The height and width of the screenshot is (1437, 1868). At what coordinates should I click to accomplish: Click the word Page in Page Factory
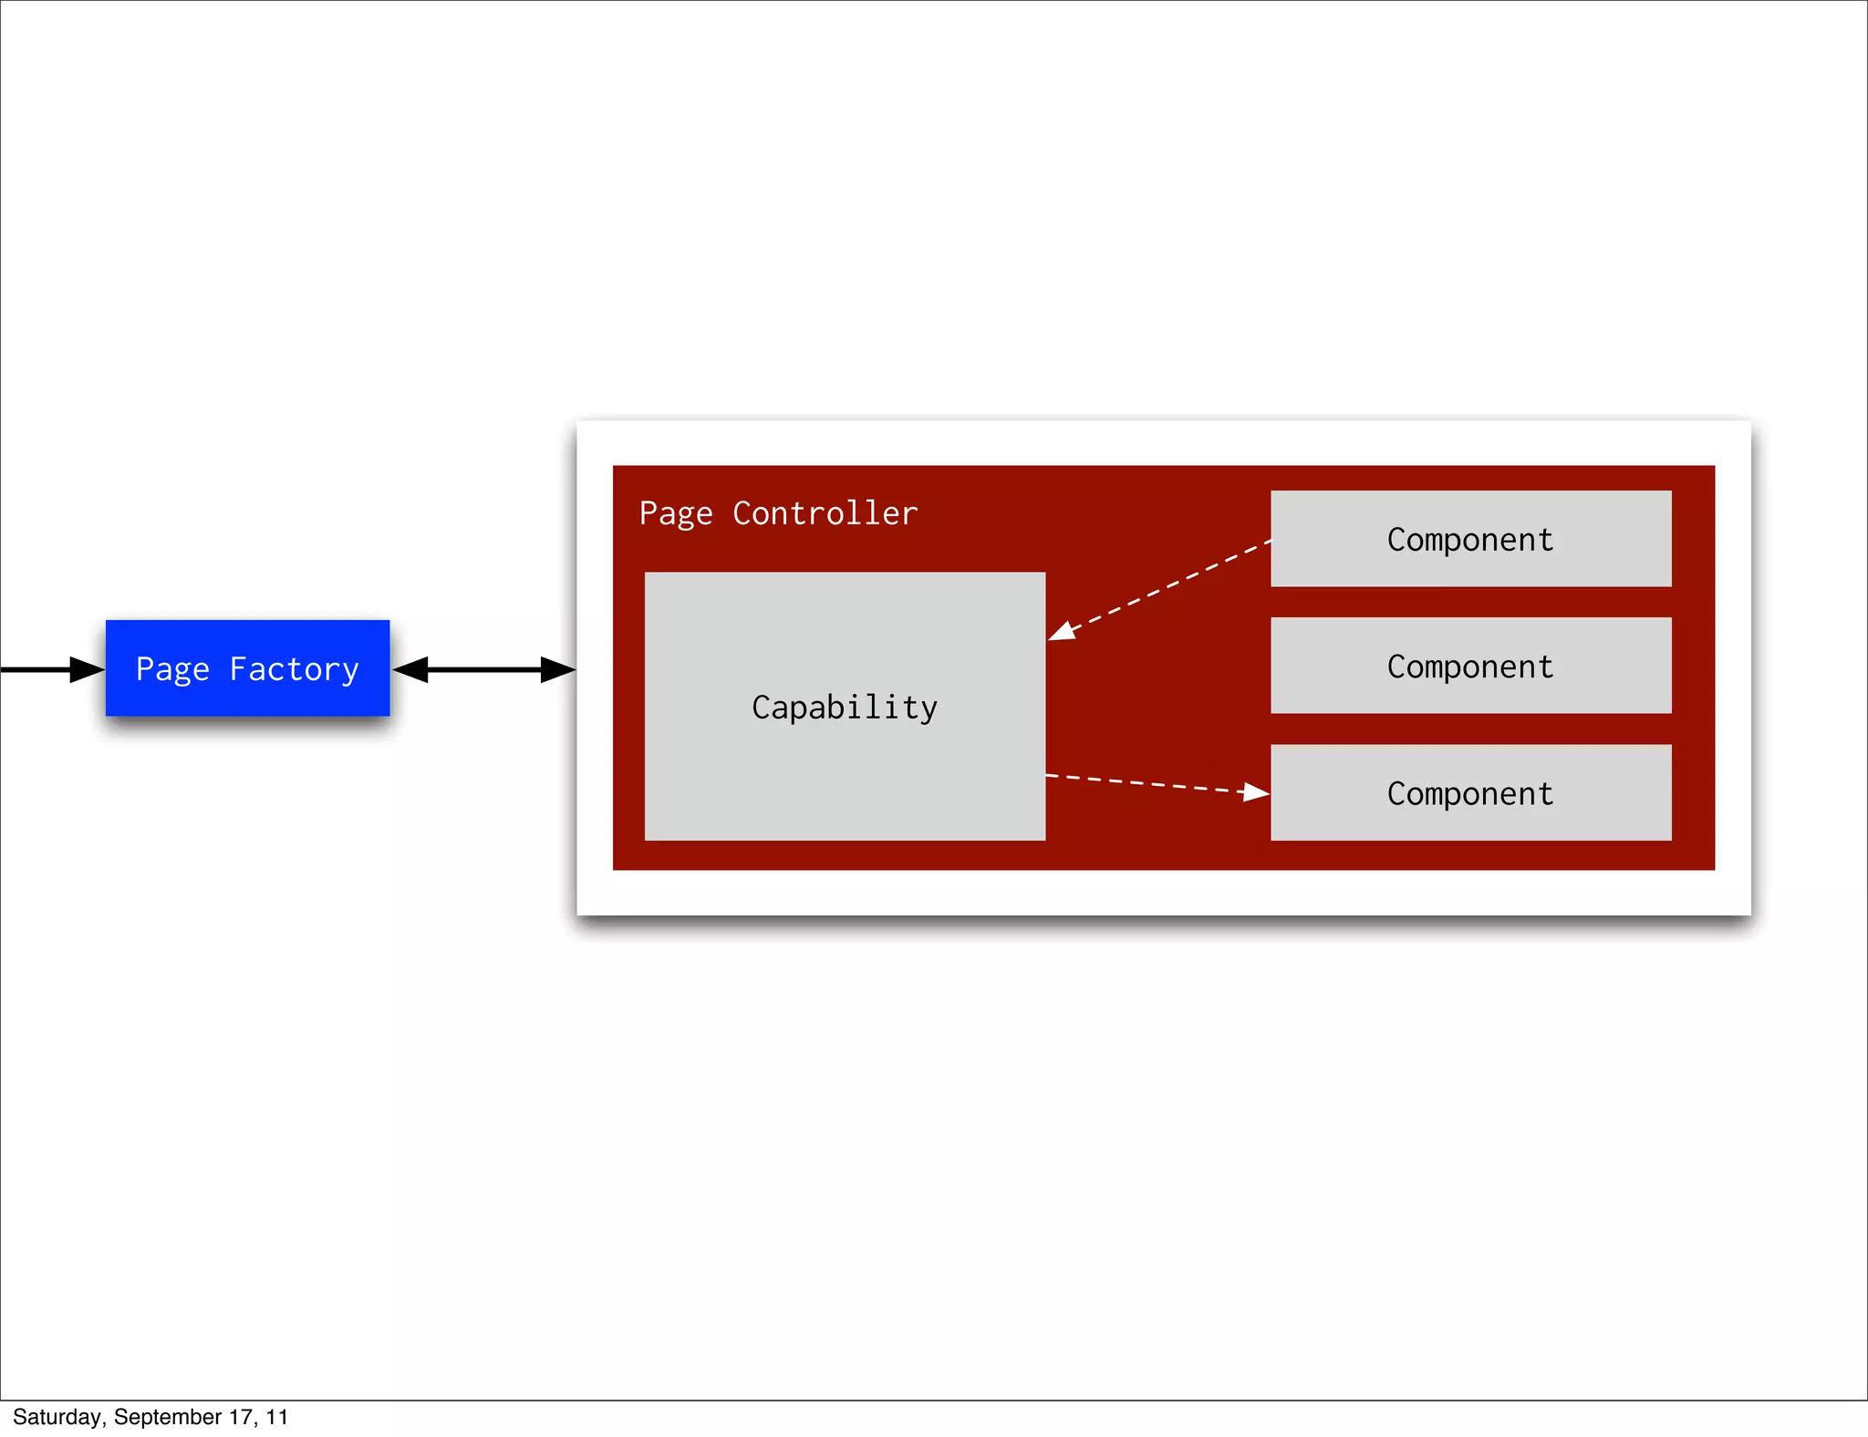pyautogui.click(x=172, y=670)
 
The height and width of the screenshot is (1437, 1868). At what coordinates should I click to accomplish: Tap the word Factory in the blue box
pyautogui.click(x=294, y=670)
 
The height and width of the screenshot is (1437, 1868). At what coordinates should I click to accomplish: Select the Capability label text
pyautogui.click(x=845, y=708)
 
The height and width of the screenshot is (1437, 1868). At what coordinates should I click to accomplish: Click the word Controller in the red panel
pyautogui.click(x=825, y=513)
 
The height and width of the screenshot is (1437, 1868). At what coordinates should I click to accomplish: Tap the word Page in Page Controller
pyautogui.click(x=675, y=514)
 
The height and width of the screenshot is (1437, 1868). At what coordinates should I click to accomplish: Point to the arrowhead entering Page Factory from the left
pyautogui.click(x=88, y=669)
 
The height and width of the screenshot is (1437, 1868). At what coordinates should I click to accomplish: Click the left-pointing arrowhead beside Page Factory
pyautogui.click(x=410, y=669)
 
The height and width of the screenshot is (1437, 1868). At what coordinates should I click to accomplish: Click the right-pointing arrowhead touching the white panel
pyautogui.click(x=558, y=669)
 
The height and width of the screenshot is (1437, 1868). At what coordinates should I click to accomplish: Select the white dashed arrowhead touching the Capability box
pyautogui.click(x=1061, y=631)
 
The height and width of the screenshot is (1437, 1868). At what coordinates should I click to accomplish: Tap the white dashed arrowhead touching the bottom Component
pyautogui.click(x=1256, y=792)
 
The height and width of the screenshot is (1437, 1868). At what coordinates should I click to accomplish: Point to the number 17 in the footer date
pyautogui.click(x=240, y=1417)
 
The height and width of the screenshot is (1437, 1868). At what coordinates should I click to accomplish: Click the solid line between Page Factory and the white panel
pyautogui.click(x=483, y=669)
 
